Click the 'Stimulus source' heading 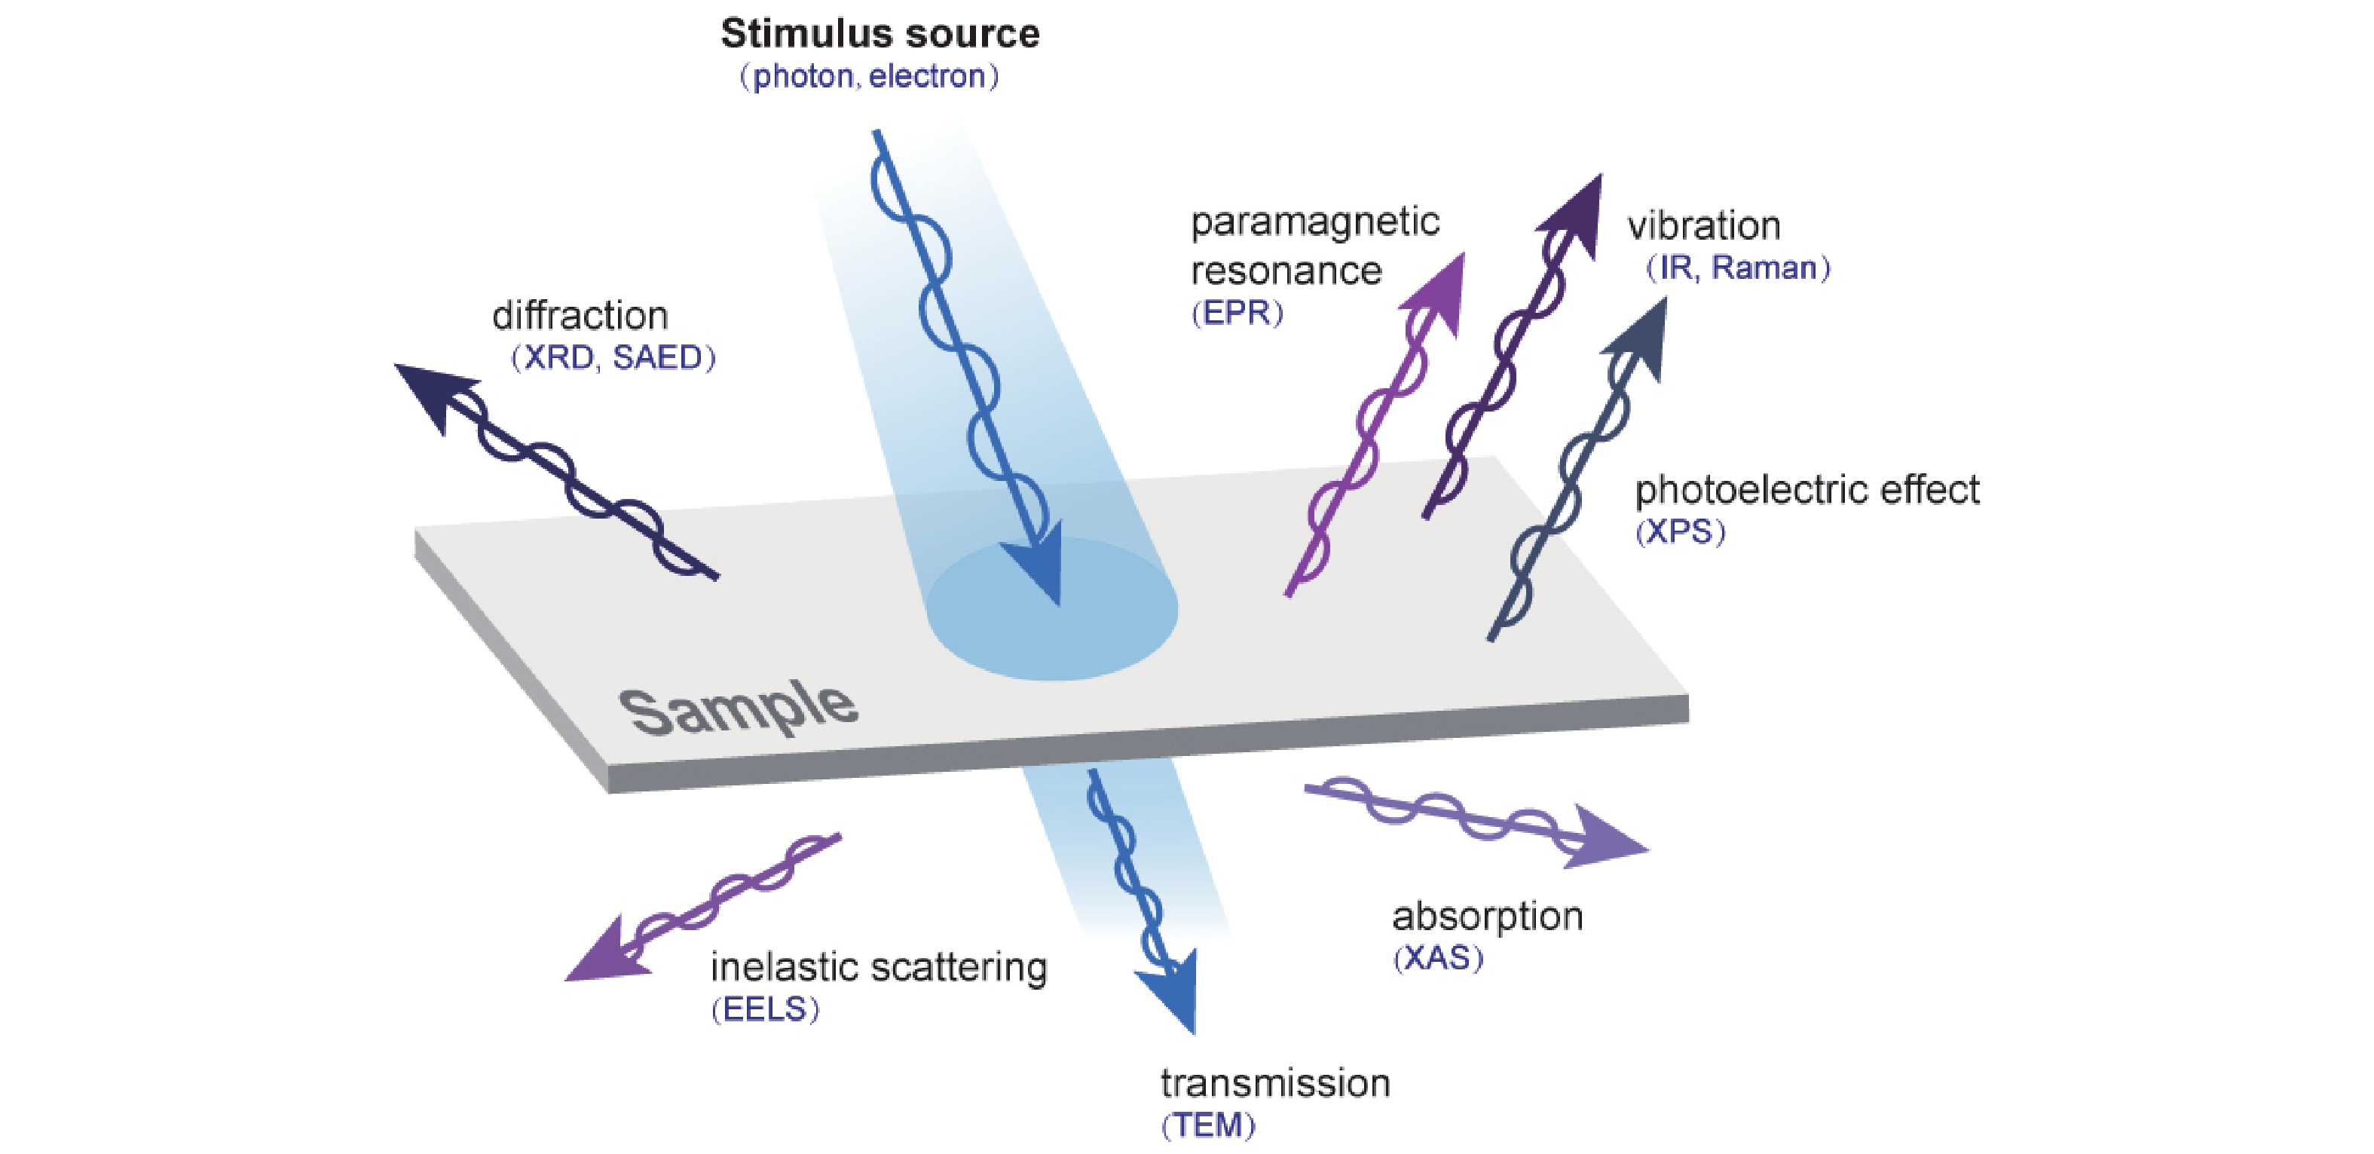tap(880, 34)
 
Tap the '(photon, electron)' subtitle tap(869, 76)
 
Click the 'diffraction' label tap(580, 316)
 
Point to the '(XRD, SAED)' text tap(613, 357)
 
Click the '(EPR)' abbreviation tap(1237, 314)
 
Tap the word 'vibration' tap(1703, 226)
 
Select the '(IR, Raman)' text tap(1738, 268)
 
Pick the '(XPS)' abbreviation tap(1680, 532)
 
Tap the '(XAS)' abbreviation tap(1438, 959)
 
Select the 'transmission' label tap(1275, 1084)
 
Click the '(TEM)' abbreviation tap(1208, 1125)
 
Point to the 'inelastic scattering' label tap(878, 968)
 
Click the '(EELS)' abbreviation tap(765, 1010)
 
